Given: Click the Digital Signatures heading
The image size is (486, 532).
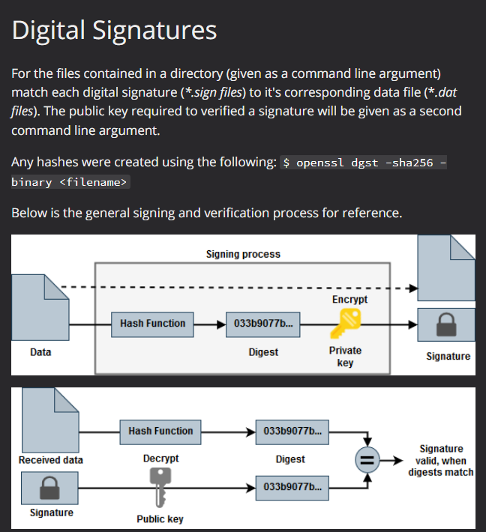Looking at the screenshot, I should (114, 30).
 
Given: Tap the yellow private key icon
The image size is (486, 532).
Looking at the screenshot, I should (345, 324).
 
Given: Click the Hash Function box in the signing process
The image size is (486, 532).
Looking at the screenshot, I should (152, 324).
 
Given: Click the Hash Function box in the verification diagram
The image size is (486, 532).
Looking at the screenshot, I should (160, 431).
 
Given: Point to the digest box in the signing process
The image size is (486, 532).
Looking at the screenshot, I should (263, 324).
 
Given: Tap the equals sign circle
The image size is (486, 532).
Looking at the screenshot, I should (367, 459).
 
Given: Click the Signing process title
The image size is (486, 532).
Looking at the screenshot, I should (243, 254).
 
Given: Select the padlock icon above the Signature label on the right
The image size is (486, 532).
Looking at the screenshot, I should (445, 324).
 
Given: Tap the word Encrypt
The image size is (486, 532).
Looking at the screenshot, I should (349, 299).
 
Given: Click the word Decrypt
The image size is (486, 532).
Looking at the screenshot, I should (160, 458).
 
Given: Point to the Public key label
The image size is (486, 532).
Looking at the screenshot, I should (160, 519).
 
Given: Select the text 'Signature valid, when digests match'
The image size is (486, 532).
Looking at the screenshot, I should (441, 460).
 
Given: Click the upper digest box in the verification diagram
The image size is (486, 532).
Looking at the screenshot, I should (290, 431).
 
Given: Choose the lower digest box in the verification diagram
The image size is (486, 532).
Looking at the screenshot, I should (290, 487).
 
